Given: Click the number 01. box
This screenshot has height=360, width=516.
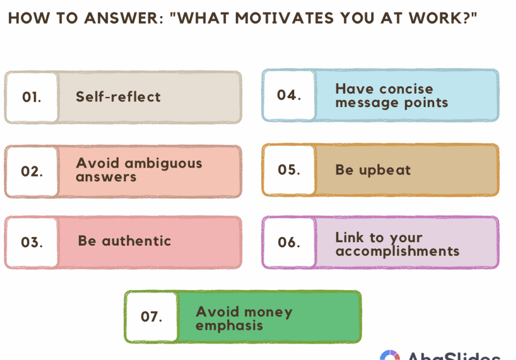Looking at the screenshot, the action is coord(32,97).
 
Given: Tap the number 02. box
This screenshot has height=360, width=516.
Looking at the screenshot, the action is coord(32,171).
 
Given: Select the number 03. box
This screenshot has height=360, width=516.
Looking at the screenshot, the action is coord(32,242).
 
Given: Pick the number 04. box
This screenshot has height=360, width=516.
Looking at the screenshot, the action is coord(289,95).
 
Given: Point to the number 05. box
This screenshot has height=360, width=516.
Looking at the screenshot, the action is coord(289,170).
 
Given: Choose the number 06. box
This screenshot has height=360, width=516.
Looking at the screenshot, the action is coord(289,242).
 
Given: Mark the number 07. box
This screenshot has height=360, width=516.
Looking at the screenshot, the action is coord(152,317).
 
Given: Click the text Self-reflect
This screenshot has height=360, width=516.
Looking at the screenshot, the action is coord(118,97).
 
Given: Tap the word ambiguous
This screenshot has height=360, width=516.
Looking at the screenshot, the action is coord(163,164).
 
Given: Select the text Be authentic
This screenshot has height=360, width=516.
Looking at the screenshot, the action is coord(124,241).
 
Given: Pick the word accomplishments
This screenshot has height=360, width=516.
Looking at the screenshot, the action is coord(397,252).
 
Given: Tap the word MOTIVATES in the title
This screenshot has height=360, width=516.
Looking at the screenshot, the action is coord(285,18).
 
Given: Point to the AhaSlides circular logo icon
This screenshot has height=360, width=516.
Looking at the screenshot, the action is coord(390,355).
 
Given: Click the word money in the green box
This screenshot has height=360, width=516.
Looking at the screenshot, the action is coord(268,312).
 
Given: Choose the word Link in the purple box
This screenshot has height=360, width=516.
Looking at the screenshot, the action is coord(350,237).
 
